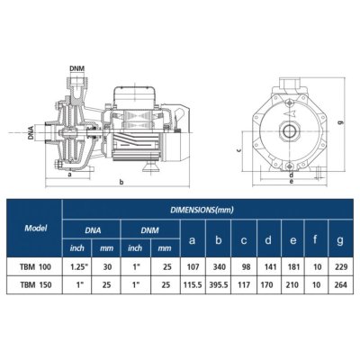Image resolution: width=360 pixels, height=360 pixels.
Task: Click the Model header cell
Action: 35,229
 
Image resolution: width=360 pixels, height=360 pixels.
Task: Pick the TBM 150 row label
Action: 35,287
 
